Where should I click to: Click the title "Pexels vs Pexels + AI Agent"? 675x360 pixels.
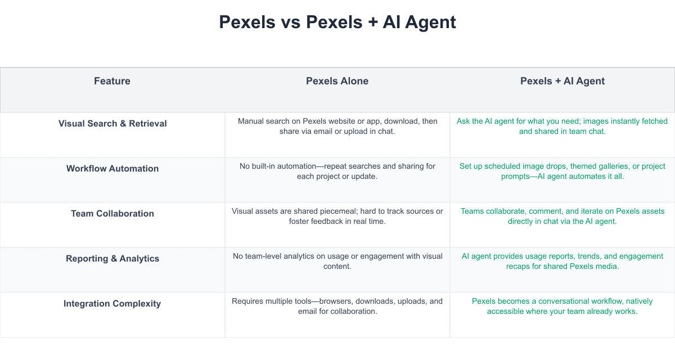point(337,22)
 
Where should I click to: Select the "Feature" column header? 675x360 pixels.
point(112,81)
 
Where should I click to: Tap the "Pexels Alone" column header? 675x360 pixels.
point(337,81)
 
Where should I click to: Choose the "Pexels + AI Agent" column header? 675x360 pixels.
point(562,81)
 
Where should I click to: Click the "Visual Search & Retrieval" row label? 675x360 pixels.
point(112,124)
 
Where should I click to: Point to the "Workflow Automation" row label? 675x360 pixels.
point(112,168)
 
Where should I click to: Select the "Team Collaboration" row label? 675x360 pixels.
point(112,213)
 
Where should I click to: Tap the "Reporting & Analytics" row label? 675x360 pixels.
point(112,259)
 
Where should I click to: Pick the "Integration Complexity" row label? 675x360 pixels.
point(112,303)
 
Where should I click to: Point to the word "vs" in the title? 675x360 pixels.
point(291,22)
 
